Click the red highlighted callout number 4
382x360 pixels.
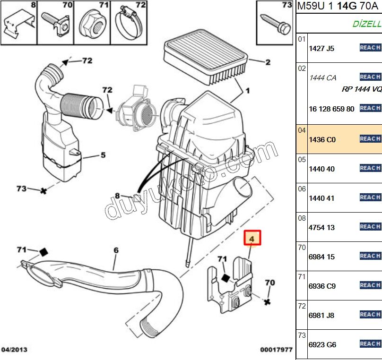(252, 239)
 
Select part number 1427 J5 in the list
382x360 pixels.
(321, 48)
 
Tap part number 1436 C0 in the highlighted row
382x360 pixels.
(321, 140)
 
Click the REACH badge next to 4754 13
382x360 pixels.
(370, 227)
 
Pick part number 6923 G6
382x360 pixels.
(322, 345)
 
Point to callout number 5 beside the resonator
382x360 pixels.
(102, 155)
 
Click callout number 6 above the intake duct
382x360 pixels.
(116, 250)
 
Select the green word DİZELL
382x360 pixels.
(367, 24)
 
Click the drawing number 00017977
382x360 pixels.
(276, 350)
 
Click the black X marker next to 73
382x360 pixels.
(44, 191)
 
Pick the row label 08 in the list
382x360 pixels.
(302, 218)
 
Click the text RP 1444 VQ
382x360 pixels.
(362, 89)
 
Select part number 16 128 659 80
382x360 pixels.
(331, 109)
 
